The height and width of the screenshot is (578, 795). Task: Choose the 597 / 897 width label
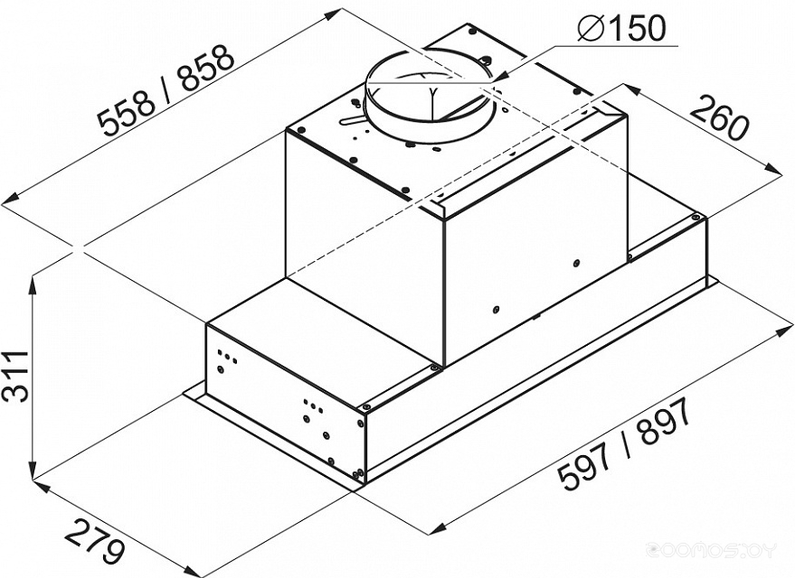[624, 443]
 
